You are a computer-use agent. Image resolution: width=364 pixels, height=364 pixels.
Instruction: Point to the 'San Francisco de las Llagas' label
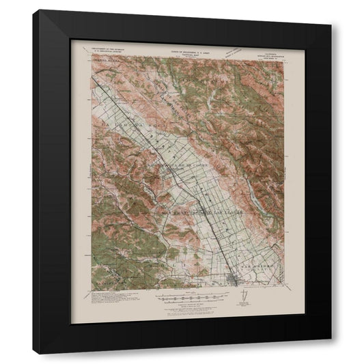198,213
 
